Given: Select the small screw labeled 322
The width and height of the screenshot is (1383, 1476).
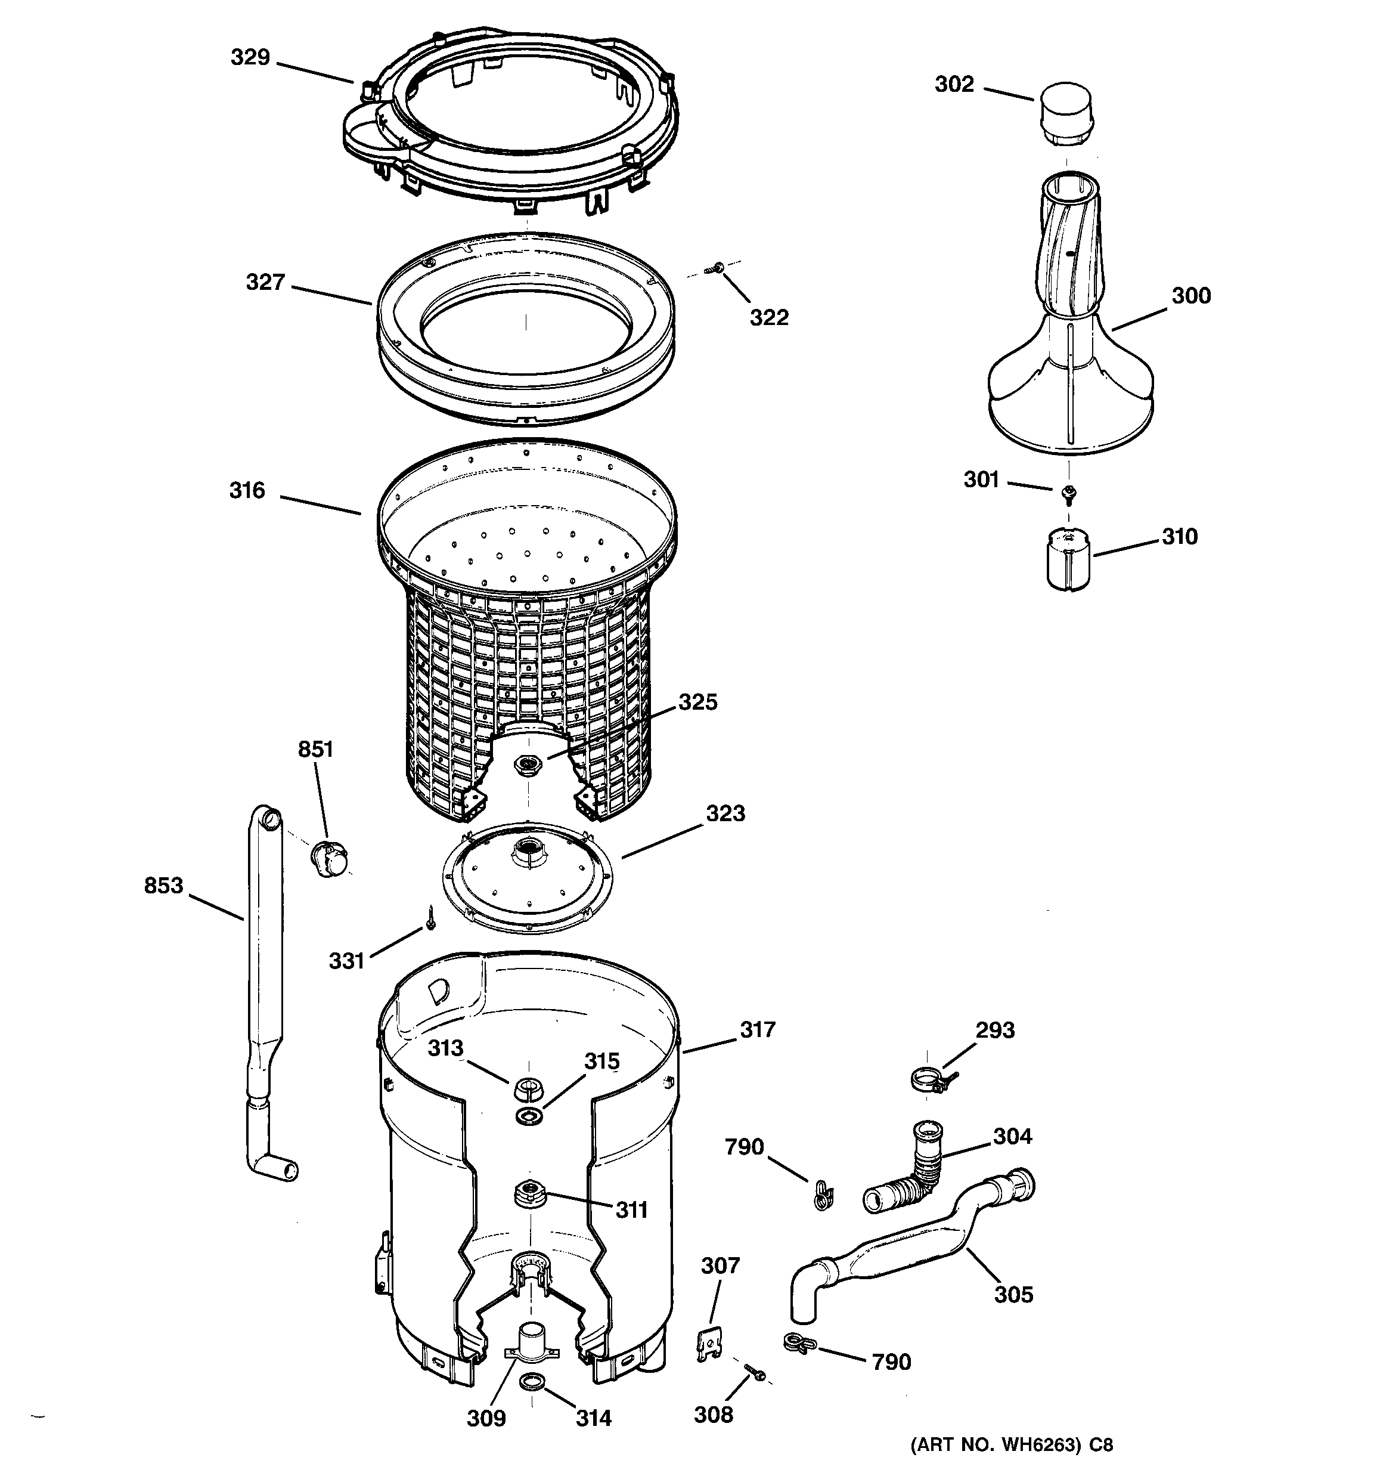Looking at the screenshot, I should (x=718, y=268).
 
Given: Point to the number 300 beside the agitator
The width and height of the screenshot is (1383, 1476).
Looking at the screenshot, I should (x=1190, y=295).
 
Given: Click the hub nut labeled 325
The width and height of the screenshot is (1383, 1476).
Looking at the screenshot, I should (x=528, y=763).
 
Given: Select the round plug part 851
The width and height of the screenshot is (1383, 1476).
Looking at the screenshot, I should (x=329, y=858).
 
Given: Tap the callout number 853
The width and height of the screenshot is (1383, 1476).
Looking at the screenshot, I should (x=163, y=885).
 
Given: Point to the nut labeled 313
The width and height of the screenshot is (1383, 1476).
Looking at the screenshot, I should (x=526, y=1089).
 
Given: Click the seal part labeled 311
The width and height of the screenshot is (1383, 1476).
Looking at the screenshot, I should (x=528, y=1193).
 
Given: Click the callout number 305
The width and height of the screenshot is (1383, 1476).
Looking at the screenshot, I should (x=1013, y=1294).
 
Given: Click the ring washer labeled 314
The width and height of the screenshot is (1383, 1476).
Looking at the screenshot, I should (x=532, y=1382).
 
